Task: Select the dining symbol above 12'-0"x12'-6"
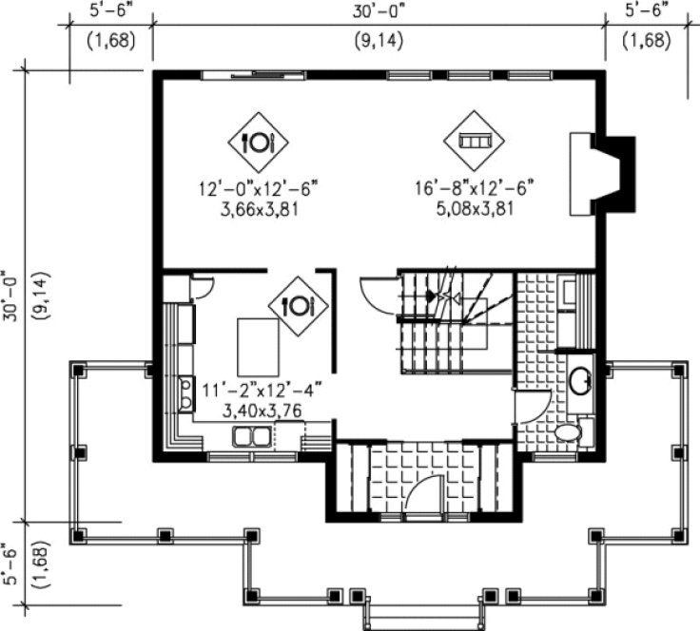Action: (258, 143)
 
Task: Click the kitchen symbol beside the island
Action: (298, 305)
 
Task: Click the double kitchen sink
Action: (251, 436)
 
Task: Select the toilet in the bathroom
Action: (568, 432)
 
